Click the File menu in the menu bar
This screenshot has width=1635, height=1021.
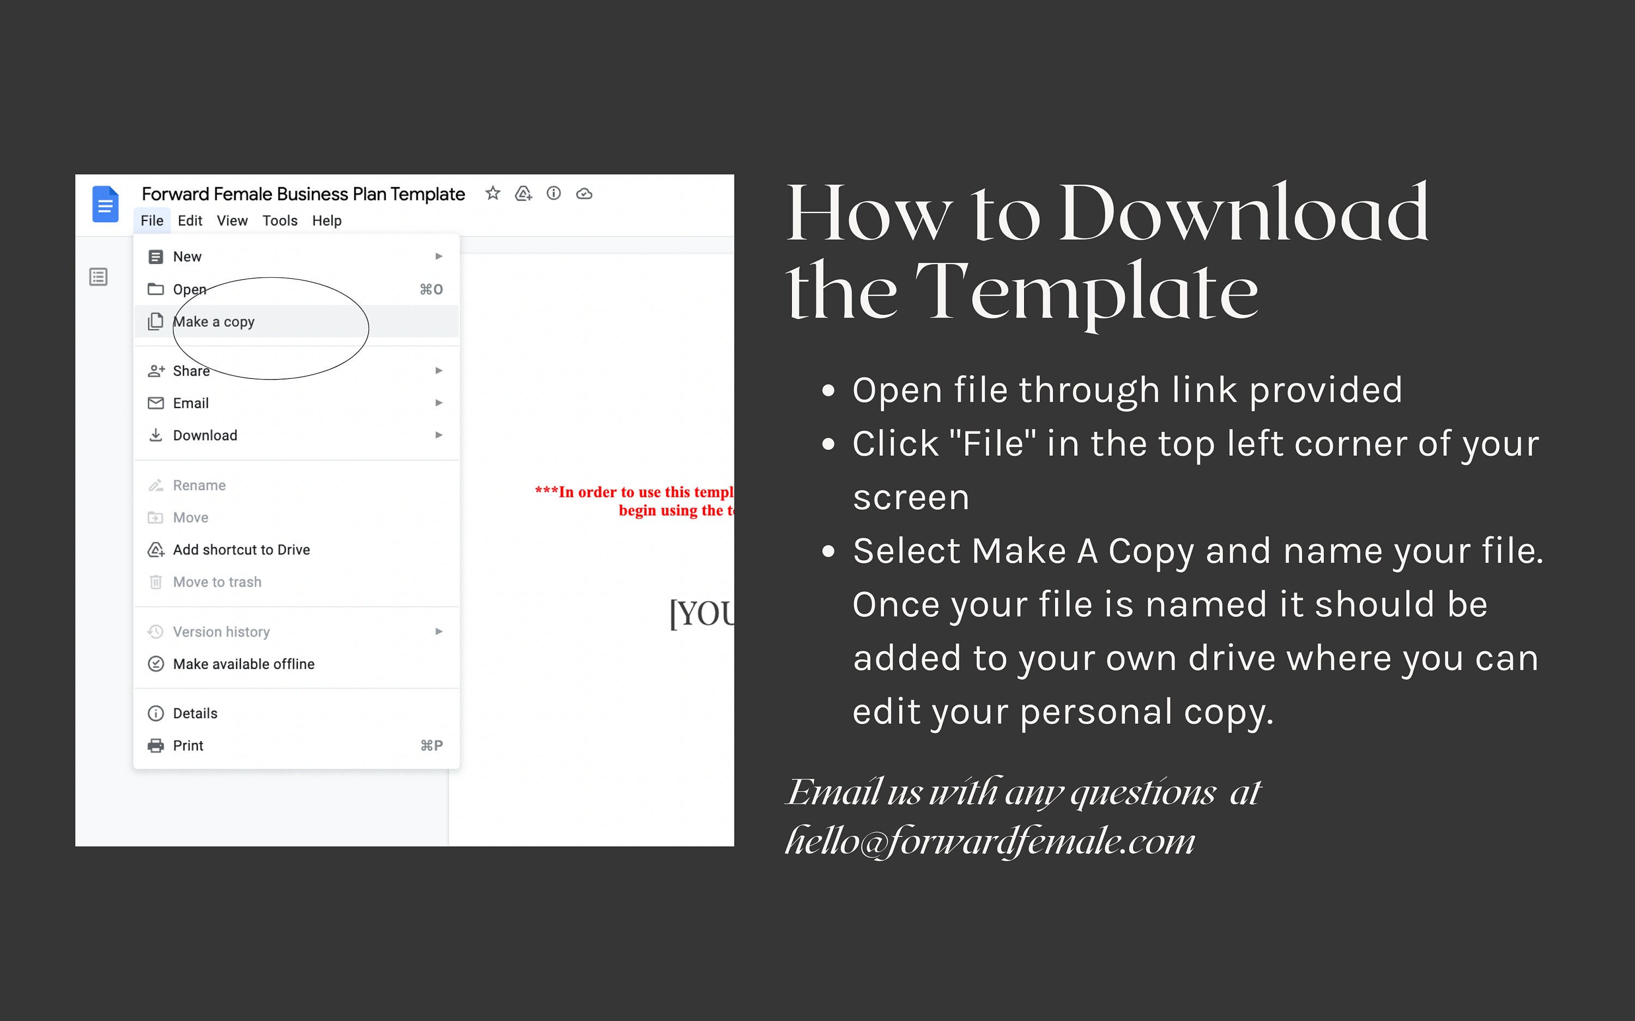(x=152, y=221)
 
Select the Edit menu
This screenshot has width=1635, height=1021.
(x=190, y=221)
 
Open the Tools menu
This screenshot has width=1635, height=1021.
(x=280, y=221)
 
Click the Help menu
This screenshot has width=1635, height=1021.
(x=326, y=221)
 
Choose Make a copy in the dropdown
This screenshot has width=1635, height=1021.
(x=214, y=322)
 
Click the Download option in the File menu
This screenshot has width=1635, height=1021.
(x=205, y=436)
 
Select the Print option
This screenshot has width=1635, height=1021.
(x=188, y=745)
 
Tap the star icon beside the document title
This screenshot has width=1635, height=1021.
(x=493, y=194)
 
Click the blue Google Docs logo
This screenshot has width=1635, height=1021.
(x=105, y=204)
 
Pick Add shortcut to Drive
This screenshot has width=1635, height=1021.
(x=241, y=549)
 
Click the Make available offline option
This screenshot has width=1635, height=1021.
(x=243, y=664)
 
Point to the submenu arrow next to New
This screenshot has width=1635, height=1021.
(x=439, y=256)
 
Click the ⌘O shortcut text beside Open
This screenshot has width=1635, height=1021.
(x=431, y=290)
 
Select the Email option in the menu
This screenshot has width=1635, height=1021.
(x=191, y=403)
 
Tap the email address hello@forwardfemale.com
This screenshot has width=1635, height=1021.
(x=990, y=841)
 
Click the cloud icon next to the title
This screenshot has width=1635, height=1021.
(x=584, y=194)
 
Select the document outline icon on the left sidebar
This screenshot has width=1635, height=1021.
(x=99, y=277)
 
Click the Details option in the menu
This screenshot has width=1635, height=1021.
(x=195, y=714)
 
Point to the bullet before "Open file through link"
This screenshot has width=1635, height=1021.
(x=828, y=390)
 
